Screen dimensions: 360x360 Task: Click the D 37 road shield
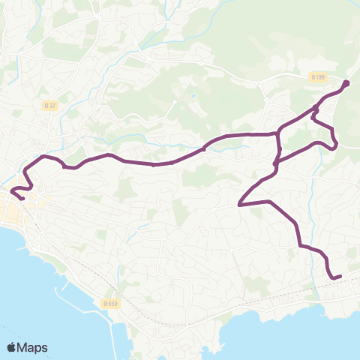[x=50, y=106]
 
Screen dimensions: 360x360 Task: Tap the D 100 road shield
[x=317, y=76]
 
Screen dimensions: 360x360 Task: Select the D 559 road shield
[x=107, y=303]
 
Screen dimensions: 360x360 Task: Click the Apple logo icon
[x=12, y=347]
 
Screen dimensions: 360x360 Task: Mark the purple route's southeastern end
[x=340, y=277]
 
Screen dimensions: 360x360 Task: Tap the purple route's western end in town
[x=22, y=198]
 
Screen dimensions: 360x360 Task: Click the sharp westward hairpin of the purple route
[x=239, y=204]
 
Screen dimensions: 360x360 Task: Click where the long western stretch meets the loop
[x=278, y=134]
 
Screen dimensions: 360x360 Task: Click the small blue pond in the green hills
[x=193, y=96]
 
